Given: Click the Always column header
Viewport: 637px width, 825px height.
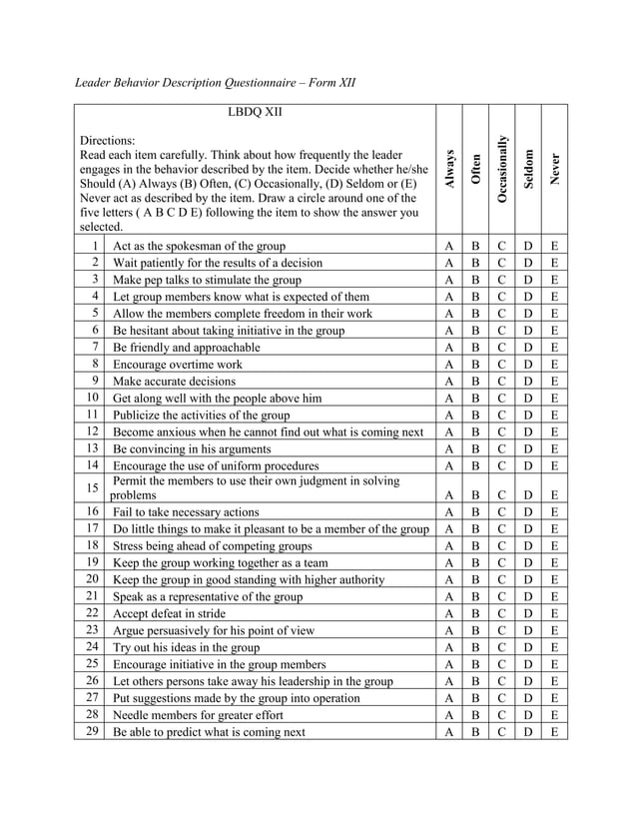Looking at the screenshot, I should (449, 169).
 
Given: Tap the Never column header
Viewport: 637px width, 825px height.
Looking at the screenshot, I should (554, 169).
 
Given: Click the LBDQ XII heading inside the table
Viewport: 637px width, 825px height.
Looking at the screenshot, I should (255, 112).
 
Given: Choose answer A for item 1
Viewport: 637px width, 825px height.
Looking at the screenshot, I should (449, 246).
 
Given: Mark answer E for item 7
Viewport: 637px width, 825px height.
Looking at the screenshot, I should (554, 348).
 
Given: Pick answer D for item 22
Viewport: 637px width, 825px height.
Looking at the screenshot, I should (528, 612).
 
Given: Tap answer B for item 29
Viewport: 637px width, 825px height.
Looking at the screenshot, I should (475, 731).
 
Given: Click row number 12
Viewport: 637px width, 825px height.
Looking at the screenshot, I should (91, 431).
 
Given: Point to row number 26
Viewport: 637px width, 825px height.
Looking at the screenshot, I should (91, 680).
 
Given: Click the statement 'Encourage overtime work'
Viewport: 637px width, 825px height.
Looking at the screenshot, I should (177, 365).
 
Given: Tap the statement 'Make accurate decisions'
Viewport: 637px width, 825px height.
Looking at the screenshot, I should (175, 382).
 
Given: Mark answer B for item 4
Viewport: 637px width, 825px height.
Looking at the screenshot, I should (475, 297).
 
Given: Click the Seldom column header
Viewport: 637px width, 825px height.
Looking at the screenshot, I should (528, 169).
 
